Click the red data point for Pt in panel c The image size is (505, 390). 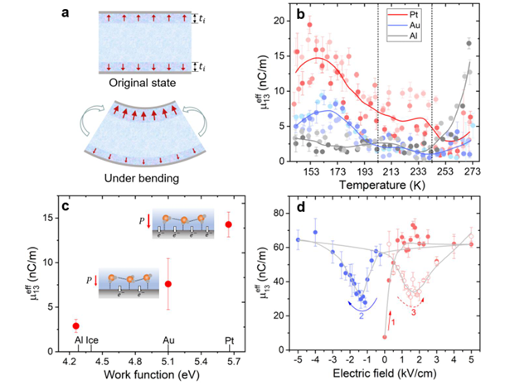point(229,224)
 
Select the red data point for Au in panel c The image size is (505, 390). point(168,284)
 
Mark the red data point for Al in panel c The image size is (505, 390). point(76,326)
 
